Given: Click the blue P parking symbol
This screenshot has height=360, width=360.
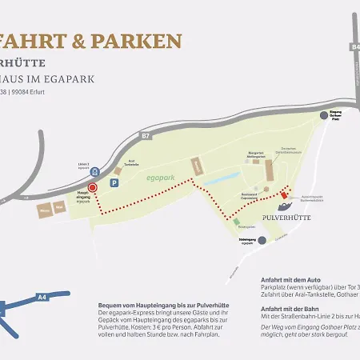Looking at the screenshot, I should (x=114, y=183).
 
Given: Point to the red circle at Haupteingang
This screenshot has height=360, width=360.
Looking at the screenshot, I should (x=92, y=187).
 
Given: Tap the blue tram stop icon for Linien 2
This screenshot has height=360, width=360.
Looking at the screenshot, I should (x=95, y=171).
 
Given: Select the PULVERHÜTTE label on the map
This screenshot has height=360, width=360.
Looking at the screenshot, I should (x=286, y=217).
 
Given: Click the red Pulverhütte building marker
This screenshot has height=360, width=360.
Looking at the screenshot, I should (x=282, y=196).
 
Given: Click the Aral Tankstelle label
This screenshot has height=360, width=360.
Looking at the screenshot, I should (x=120, y=161).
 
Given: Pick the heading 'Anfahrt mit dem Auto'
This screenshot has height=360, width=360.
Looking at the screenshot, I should (x=291, y=281).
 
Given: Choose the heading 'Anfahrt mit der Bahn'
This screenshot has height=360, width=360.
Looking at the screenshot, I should (x=291, y=308).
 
